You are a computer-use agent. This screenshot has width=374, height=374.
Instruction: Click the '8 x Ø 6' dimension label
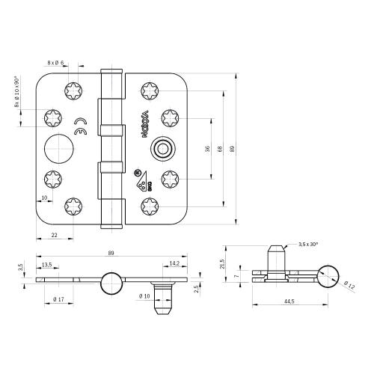(x=56, y=63)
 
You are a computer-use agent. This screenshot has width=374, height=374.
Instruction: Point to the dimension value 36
(x=207, y=148)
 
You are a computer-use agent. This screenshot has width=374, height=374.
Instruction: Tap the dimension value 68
(x=220, y=148)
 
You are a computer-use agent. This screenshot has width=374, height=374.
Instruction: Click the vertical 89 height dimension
(x=233, y=148)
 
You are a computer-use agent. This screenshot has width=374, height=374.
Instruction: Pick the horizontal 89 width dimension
(x=111, y=254)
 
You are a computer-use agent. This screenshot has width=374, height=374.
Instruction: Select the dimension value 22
(x=55, y=236)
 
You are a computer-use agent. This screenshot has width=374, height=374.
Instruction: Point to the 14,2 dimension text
(x=173, y=264)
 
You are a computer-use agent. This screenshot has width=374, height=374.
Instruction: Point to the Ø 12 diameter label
(x=350, y=283)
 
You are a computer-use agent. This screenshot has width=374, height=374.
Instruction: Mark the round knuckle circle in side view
(x=110, y=283)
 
